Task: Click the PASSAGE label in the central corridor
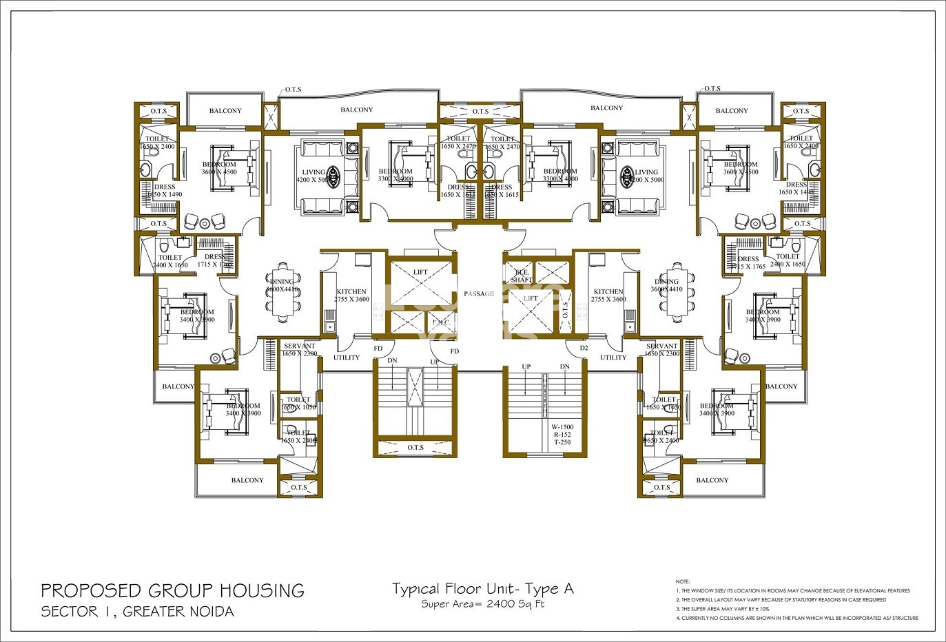coord(478,294)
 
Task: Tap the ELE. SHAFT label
coord(522,276)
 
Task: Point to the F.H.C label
coord(440,322)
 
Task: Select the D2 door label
coord(584,349)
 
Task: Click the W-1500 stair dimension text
coord(562,427)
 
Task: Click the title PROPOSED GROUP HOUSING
coord(172,590)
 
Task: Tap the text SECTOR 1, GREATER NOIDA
coord(137,611)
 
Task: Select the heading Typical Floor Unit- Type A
coord(482,589)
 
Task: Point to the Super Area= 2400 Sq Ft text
coord(482,604)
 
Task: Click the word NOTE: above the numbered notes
coord(682,582)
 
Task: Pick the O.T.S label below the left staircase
coord(415,448)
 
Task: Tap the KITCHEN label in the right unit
coord(608,292)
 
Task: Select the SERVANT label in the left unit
coord(299,346)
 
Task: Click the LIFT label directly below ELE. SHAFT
coord(531,299)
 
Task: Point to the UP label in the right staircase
coord(526,366)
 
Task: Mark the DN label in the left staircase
coord(392,361)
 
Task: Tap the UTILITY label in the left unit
coord(347,358)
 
